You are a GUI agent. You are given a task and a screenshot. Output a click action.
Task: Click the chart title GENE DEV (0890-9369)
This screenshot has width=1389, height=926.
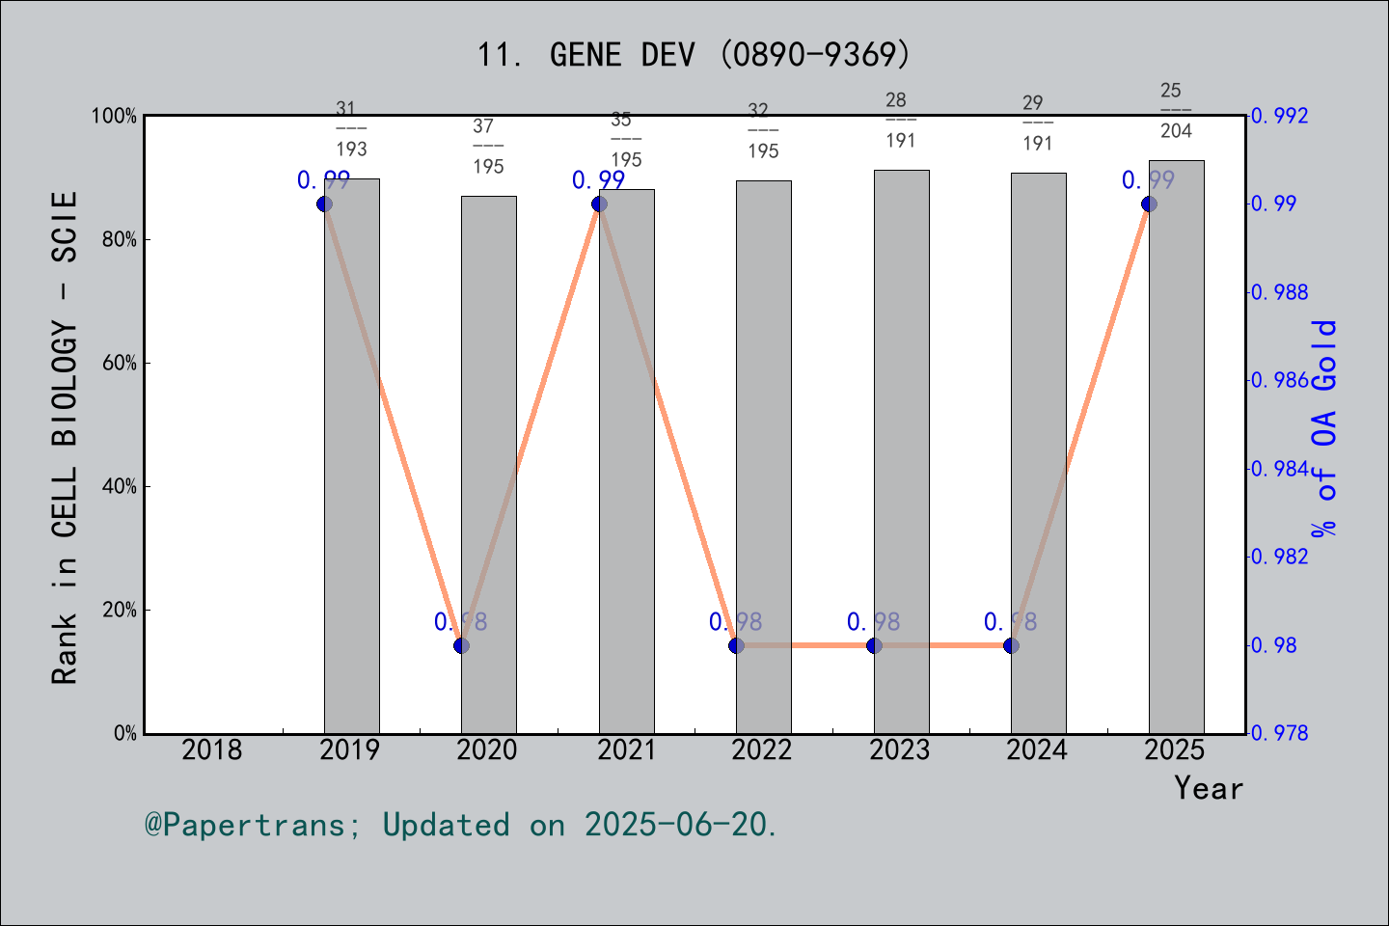694,55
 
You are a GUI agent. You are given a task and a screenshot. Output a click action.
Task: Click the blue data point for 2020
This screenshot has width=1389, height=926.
461,645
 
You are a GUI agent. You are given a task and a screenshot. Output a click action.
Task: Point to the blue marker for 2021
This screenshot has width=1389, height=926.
599,204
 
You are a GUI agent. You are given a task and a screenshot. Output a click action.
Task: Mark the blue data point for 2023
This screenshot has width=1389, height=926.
874,645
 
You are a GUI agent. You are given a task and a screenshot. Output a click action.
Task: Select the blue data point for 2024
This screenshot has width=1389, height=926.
1011,645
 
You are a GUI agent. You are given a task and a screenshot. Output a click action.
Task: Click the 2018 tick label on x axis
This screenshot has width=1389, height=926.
212,749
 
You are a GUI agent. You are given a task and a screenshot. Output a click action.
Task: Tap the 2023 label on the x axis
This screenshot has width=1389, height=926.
900,749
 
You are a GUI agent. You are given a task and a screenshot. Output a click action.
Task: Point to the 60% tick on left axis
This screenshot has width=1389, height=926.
120,364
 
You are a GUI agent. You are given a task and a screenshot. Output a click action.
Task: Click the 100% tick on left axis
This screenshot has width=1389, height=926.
115,117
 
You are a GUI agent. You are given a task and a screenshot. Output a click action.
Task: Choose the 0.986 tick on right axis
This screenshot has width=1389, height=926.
1281,380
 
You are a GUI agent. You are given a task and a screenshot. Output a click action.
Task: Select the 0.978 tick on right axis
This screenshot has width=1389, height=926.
1281,733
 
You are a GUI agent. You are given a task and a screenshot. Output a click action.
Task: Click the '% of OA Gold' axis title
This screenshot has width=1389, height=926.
1324,427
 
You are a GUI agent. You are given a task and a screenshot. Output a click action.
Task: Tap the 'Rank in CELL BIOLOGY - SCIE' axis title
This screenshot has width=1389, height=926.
65,437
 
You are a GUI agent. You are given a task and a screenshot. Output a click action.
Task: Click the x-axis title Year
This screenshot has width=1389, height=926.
1209,788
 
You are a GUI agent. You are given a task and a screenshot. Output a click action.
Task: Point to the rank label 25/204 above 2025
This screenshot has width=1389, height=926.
1175,110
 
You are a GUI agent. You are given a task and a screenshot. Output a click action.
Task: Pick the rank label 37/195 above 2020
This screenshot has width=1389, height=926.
488,146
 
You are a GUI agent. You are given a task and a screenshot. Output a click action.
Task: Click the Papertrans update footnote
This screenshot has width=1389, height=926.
461,825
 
